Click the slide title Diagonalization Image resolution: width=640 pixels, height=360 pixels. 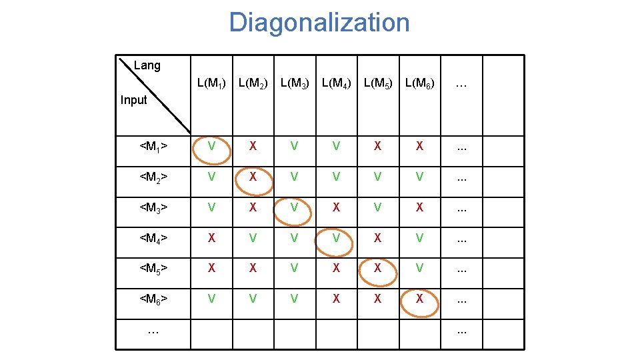[319, 23]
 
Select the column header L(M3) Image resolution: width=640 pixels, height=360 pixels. [295, 84]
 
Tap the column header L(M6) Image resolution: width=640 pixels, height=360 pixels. [419, 84]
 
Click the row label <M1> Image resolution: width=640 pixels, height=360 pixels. [153, 146]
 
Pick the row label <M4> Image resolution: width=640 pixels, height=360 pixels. [153, 237]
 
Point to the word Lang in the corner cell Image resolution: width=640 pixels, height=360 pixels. [147, 65]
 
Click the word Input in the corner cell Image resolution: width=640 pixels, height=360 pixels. [133, 100]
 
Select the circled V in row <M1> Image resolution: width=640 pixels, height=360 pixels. [211, 146]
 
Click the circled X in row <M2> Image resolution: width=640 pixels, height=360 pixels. [253, 177]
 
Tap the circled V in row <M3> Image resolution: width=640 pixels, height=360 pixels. [294, 207]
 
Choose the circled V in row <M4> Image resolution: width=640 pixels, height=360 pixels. [336, 237]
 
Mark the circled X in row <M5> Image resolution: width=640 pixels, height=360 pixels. [377, 268]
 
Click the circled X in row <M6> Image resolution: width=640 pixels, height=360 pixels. [419, 299]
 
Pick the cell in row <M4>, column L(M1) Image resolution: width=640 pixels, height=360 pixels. [211, 237]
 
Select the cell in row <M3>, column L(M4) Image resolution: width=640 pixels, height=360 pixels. [336, 207]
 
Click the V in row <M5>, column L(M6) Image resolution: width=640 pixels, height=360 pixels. [419, 268]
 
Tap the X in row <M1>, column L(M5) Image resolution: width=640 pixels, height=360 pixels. [377, 146]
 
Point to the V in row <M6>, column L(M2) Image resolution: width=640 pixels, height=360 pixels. [253, 299]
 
